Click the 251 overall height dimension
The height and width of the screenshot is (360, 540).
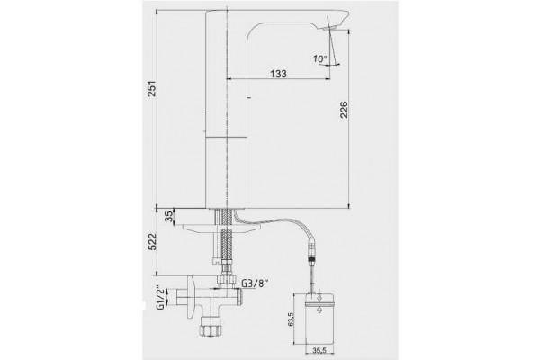tap(152, 89)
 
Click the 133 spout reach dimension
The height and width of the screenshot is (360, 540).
tap(278, 74)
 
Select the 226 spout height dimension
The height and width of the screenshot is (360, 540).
tap(344, 110)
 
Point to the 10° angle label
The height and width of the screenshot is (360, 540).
tap(319, 58)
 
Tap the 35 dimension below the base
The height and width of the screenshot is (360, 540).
tap(169, 217)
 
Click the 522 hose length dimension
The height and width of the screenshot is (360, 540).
tap(152, 242)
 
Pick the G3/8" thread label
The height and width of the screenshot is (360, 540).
tap(256, 283)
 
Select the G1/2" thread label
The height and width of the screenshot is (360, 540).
tap(160, 297)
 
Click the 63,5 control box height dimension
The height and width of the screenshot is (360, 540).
tap(291, 319)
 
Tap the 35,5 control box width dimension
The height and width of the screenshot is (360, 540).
tap(319, 350)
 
